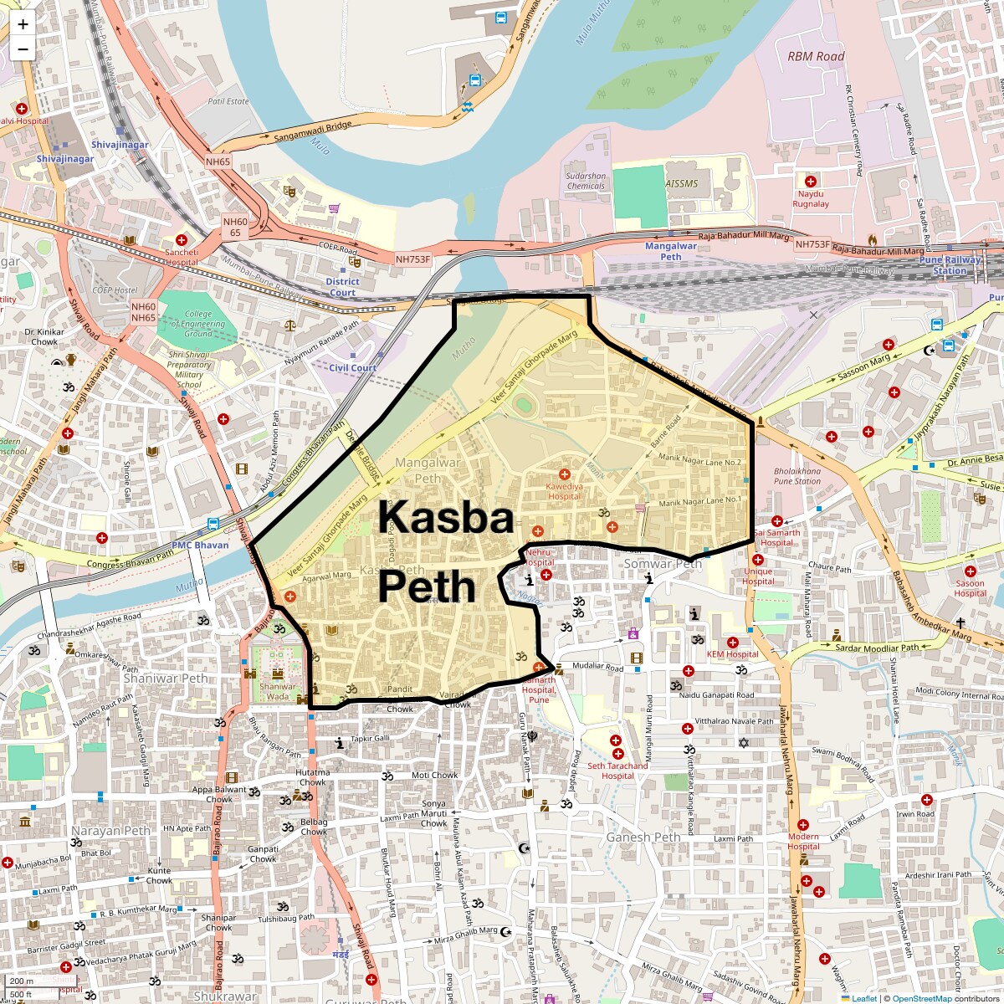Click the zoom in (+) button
pos(23,24)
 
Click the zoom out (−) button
pos(23,49)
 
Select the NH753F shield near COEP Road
pos(413,259)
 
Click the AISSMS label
pos(681,183)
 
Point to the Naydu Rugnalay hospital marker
pos(810,182)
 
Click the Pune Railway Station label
pos(950,265)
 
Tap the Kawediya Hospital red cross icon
pos(564,474)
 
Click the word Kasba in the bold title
pos(445,518)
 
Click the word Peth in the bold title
pos(427,587)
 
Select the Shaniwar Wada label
pos(277,692)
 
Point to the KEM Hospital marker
pos(732,642)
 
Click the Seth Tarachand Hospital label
pos(617,771)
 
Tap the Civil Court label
pos(352,368)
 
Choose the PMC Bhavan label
pos(200,546)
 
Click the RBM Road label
pos(816,56)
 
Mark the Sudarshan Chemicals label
pos(586,181)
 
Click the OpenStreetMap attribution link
pos(921,998)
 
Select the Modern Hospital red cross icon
pos(803,825)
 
